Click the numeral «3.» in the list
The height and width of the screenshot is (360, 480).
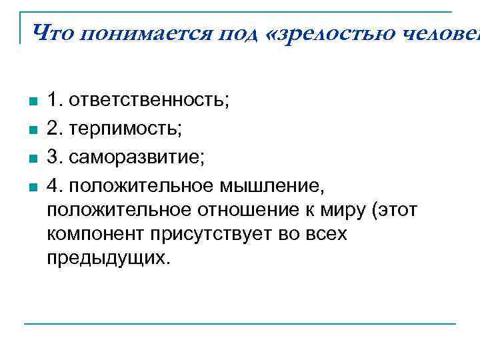pyautogui.click(x=55, y=159)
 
